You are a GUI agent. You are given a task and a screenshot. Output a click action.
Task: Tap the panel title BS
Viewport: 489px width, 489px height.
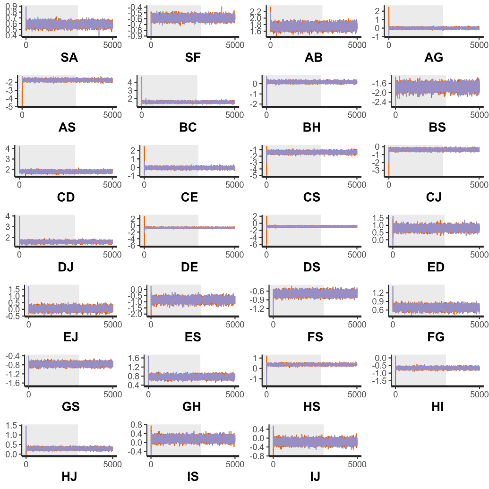pyautogui.click(x=435, y=128)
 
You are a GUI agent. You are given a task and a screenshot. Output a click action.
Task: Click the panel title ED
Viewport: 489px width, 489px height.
pyautogui.click(x=435, y=267)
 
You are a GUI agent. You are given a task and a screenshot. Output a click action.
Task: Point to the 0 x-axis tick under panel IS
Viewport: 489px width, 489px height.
pyautogui.click(x=151, y=463)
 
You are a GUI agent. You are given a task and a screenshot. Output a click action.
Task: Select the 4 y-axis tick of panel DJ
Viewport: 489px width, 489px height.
pyautogui.click(x=9, y=216)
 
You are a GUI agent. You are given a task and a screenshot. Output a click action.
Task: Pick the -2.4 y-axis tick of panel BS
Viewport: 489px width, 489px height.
pyautogui.click(x=382, y=102)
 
